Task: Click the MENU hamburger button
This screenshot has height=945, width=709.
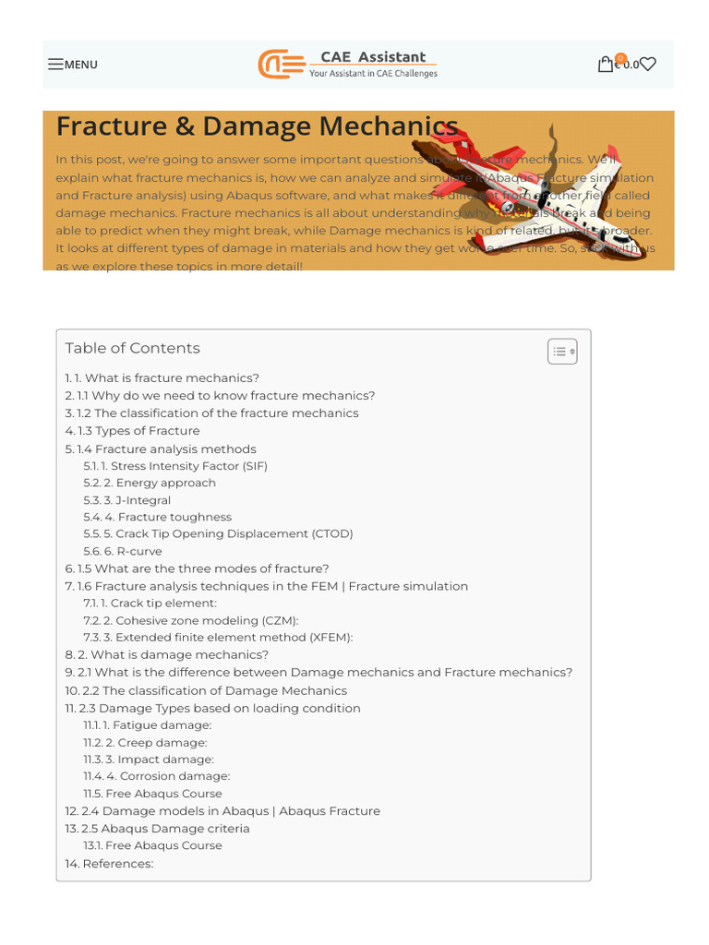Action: [x=73, y=65]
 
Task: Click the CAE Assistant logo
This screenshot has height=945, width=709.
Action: [x=347, y=64]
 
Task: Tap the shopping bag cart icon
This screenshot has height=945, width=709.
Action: [x=606, y=65]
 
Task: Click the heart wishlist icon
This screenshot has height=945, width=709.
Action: [x=648, y=65]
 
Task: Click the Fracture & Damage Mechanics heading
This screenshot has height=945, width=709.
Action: [x=257, y=126]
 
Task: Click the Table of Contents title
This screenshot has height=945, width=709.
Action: [x=132, y=348]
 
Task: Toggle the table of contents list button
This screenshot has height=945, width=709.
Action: [x=562, y=352]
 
